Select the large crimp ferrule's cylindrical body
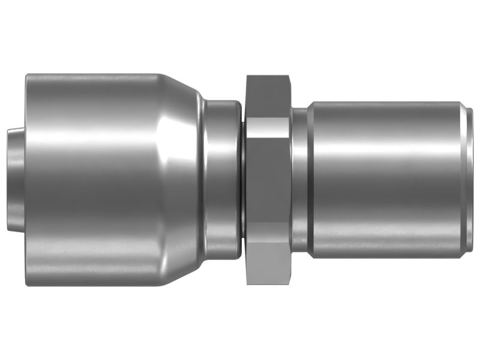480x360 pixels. (x=90, y=180)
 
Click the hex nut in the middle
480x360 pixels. (x=268, y=180)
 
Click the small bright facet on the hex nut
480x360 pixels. (x=268, y=126)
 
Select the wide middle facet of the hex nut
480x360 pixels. (x=268, y=180)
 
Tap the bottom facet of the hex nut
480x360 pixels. (x=268, y=264)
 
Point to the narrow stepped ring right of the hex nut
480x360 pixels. (x=300, y=180)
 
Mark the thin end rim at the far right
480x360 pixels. (x=469, y=180)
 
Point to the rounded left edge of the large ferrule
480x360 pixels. (x=29, y=180)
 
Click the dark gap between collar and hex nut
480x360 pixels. (x=244, y=180)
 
